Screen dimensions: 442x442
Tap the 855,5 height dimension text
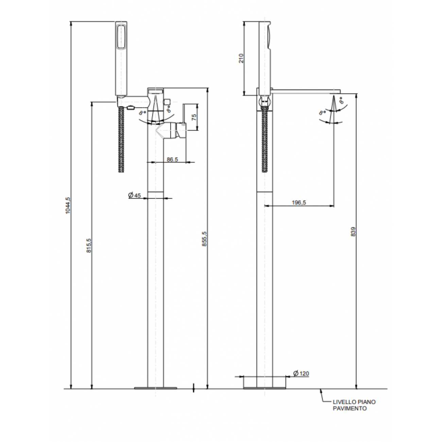point(204,239)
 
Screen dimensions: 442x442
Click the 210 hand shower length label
point(241,58)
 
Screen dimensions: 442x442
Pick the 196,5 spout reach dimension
point(299,202)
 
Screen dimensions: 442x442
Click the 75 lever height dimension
point(194,117)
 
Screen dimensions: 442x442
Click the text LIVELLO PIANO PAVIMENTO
point(354,405)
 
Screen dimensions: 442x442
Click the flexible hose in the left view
point(121,139)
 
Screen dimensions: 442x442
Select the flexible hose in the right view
point(265,139)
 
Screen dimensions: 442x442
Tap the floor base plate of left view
point(155,388)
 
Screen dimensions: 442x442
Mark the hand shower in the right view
point(265,54)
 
